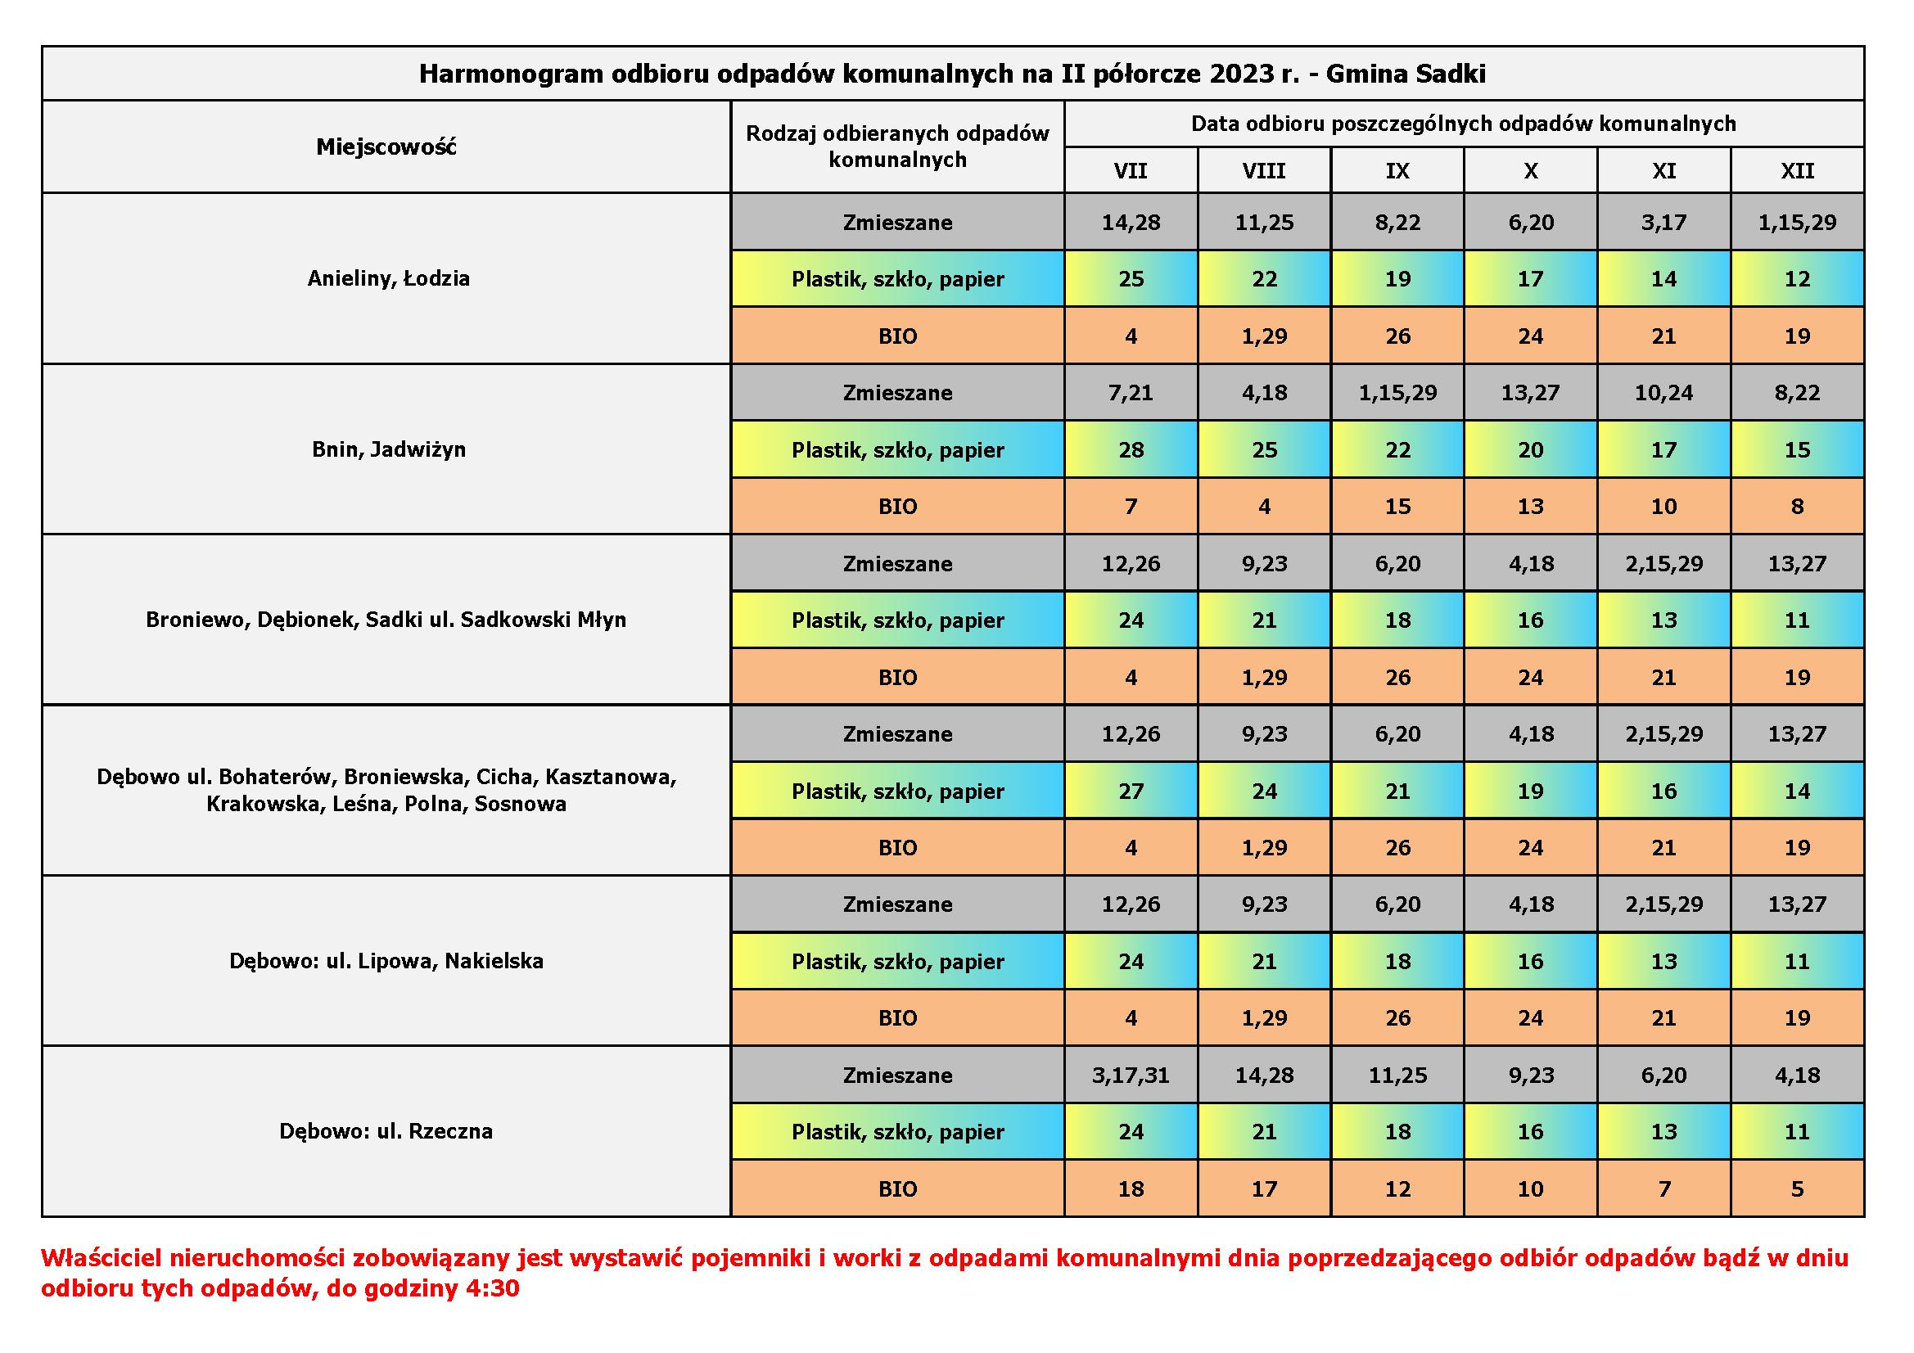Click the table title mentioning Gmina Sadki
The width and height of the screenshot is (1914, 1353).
(952, 74)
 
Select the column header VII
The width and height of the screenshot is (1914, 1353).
(1131, 171)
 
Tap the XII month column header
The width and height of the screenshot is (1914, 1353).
(1797, 171)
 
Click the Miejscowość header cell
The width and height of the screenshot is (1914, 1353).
(386, 147)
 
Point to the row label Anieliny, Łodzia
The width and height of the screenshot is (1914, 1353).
(389, 278)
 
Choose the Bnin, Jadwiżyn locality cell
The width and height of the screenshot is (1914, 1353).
(389, 449)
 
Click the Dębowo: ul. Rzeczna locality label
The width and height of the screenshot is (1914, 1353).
(386, 1131)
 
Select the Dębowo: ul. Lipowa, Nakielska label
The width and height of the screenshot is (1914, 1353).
(386, 961)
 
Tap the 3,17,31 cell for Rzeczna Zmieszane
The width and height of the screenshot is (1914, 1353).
(1131, 1076)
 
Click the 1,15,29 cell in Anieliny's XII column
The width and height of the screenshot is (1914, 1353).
(1797, 223)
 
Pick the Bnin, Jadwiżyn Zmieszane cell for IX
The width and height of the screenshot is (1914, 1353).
(1397, 393)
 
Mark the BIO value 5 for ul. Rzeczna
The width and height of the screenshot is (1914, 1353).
(1797, 1188)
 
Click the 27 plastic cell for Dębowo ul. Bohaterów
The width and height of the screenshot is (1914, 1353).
(1131, 792)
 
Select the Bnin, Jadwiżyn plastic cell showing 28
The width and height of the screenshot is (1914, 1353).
(1131, 450)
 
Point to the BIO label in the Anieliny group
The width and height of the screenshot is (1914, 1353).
(898, 336)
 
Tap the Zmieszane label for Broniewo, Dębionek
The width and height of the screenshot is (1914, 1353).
(898, 563)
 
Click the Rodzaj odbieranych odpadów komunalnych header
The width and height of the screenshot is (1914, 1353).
(898, 146)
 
